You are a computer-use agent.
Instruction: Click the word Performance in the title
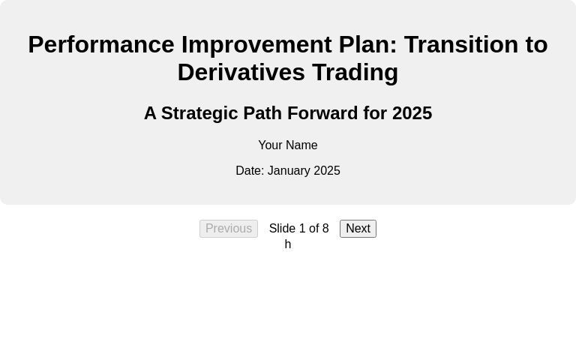pyautogui.click(x=101, y=45)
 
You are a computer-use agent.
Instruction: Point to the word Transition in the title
pyautogui.click(x=461, y=45)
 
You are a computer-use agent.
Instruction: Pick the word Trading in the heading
pyautogui.click(x=355, y=73)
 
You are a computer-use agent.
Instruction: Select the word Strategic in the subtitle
pyautogui.click(x=199, y=113)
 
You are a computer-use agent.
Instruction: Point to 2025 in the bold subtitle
pyautogui.click(x=412, y=113)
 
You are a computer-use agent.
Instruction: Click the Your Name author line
pyautogui.click(x=288, y=145)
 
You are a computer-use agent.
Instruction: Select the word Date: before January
pyautogui.click(x=250, y=171)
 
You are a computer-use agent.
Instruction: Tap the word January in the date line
pyautogui.click(x=289, y=171)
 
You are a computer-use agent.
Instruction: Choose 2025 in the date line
pyautogui.click(x=327, y=171)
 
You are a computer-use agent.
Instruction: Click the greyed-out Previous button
pyautogui.click(x=229, y=229)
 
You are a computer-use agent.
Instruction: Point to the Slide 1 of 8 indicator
pyautogui.click(x=298, y=229)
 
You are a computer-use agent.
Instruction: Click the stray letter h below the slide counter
pyautogui.click(x=288, y=244)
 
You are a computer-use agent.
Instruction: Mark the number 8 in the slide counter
pyautogui.click(x=325, y=229)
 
